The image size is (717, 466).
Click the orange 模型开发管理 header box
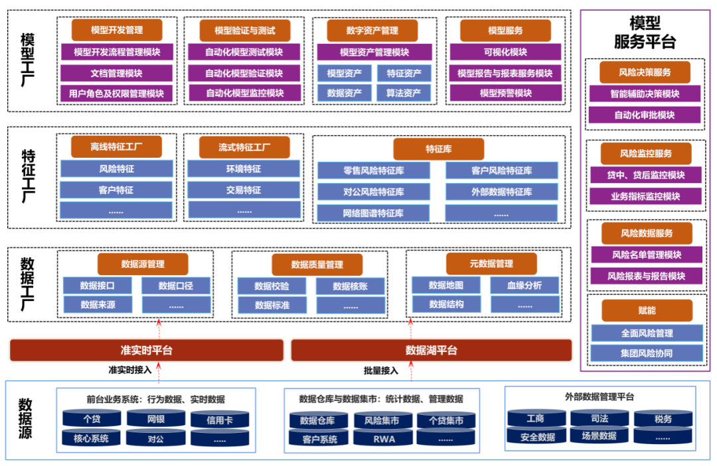coord(117,30)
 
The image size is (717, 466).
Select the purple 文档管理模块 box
coord(117,73)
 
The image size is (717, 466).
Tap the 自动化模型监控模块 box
coord(244,93)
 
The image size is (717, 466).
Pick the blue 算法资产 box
coord(404,93)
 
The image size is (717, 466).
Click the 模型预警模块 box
coord(506,93)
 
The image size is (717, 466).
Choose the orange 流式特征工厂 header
coord(244,147)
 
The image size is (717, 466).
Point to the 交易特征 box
coord(244,190)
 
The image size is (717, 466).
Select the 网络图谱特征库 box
coord(374,213)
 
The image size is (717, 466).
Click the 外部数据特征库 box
coord(502,192)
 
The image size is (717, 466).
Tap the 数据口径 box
coord(176,286)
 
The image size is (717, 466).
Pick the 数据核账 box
coord(351,286)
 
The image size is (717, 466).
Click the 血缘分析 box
coord(525,285)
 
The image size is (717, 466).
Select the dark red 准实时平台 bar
coord(147,350)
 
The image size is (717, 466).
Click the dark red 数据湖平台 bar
coord(432,350)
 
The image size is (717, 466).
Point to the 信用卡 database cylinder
coord(220,420)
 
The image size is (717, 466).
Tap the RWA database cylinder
coord(384,439)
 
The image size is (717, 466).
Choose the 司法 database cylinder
coord(599,418)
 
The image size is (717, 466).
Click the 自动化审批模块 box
coord(645,115)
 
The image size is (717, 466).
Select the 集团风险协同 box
coord(647,353)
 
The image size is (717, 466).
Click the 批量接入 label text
coord(381,371)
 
